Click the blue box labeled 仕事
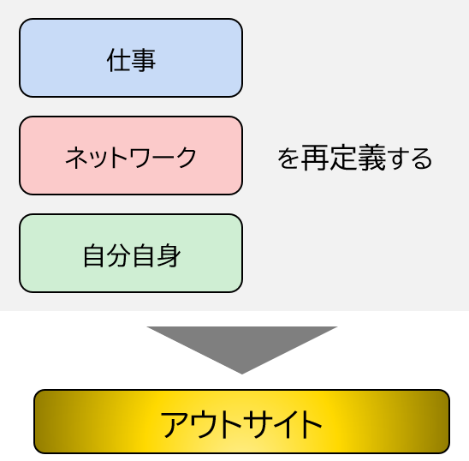click(131, 57)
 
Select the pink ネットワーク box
click(131, 155)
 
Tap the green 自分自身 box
click(131, 253)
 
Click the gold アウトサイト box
click(241, 422)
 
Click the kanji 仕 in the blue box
click(118, 60)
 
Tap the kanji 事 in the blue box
click(143, 60)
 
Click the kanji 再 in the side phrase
click(314, 158)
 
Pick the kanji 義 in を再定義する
click(371, 158)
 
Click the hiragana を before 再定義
click(288, 159)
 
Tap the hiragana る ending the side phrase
click(421, 159)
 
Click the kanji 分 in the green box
click(120, 255)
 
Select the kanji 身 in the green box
click(169, 255)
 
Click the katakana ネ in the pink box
click(77, 158)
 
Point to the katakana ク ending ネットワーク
click(186, 158)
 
